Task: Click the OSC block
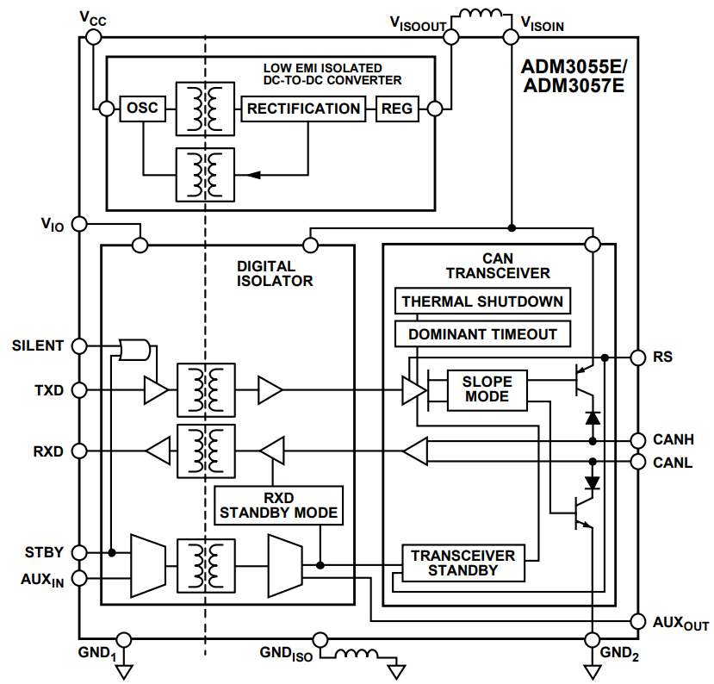tap(143, 109)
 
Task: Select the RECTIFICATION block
tap(303, 109)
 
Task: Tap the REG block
tap(397, 109)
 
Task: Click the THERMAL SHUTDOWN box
tap(482, 302)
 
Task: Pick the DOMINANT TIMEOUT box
tap(482, 333)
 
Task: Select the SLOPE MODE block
tap(487, 389)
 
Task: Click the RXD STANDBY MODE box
tap(279, 505)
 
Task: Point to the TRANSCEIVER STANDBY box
tap(463, 563)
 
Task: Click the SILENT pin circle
tap(78, 345)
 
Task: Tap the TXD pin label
tap(49, 390)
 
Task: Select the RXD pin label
tap(49, 451)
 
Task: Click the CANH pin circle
tap(637, 440)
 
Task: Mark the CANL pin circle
tap(637, 463)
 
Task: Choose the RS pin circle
tap(637, 357)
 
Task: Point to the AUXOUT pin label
tap(680, 623)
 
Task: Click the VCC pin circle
tap(94, 37)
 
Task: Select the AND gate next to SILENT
tap(135, 349)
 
